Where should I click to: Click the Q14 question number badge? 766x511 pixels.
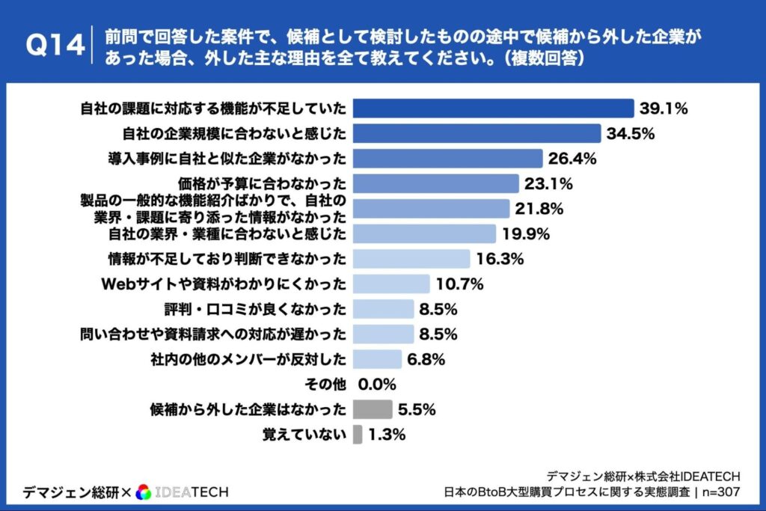(55, 46)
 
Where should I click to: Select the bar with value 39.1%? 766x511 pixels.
(493, 108)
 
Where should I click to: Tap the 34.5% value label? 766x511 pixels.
(631, 134)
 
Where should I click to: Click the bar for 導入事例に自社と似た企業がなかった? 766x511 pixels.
(447, 159)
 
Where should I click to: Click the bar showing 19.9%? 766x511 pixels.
(423, 233)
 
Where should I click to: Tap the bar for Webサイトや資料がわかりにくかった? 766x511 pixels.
(390, 284)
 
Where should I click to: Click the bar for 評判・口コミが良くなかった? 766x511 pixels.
(382, 309)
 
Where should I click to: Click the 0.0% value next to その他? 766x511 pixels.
(377, 385)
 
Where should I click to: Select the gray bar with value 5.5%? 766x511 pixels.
(372, 409)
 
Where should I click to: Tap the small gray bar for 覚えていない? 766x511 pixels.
(357, 435)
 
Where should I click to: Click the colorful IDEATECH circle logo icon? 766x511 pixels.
(144, 492)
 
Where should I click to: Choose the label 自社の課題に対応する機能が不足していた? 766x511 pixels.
(213, 108)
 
